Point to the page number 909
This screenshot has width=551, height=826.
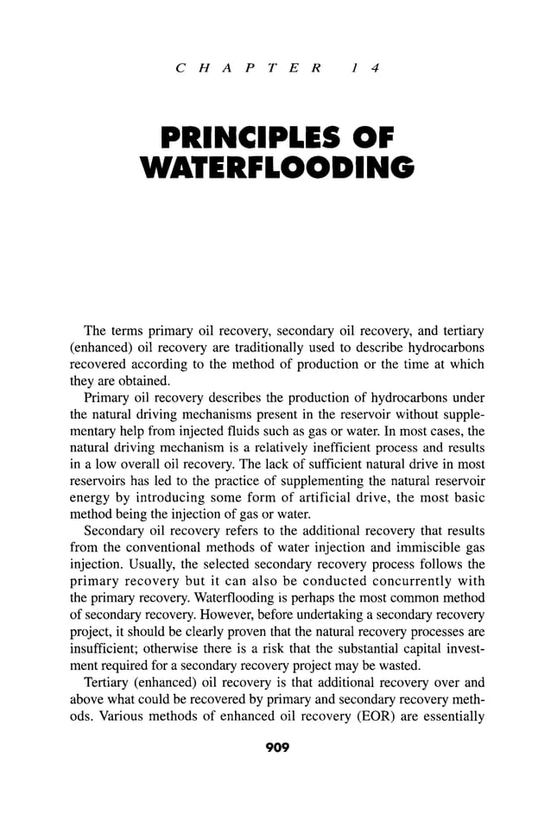[275, 747]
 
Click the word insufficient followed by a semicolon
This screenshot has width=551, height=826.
[100, 646]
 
